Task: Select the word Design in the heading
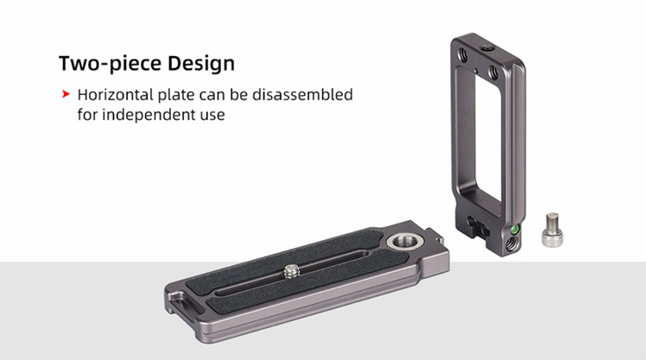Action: tap(201, 63)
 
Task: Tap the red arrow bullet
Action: tap(66, 94)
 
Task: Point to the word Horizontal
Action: tap(116, 95)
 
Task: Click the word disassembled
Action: tap(302, 95)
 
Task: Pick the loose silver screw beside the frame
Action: tap(552, 230)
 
